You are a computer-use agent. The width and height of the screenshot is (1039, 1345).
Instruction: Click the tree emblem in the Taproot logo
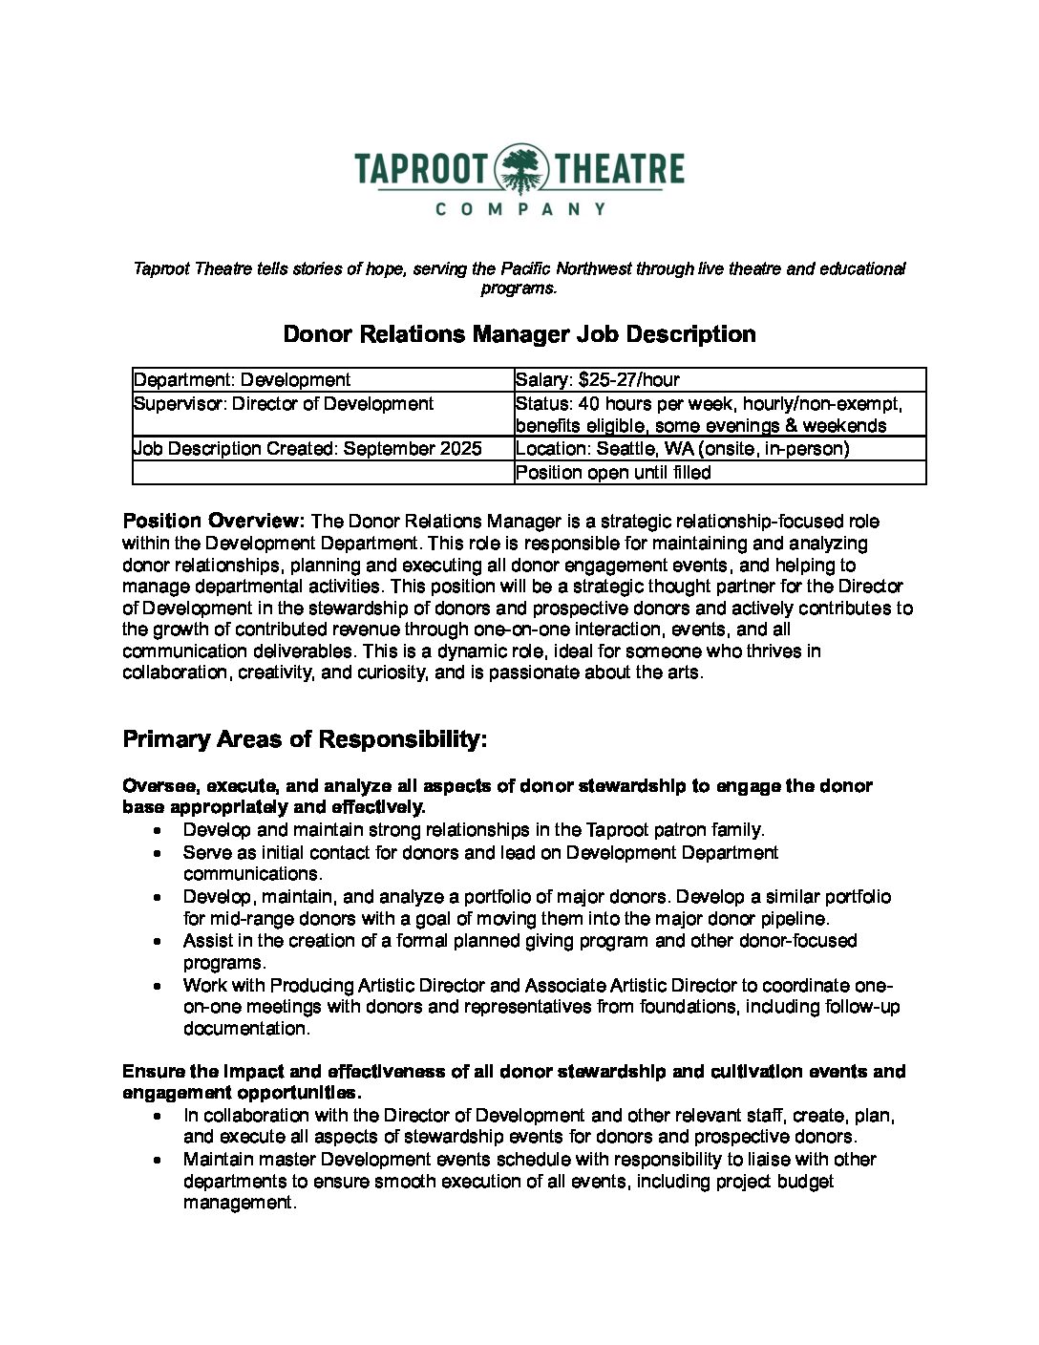click(x=519, y=169)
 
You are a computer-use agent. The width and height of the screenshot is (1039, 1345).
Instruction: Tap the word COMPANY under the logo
click(x=520, y=208)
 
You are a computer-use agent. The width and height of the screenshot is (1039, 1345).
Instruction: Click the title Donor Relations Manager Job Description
click(x=519, y=334)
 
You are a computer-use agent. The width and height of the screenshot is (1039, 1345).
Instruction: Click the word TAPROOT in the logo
click(x=421, y=169)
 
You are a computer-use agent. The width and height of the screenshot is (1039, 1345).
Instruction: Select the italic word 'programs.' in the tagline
click(x=519, y=288)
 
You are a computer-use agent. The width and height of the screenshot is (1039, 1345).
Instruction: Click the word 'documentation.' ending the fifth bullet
click(x=246, y=1030)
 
